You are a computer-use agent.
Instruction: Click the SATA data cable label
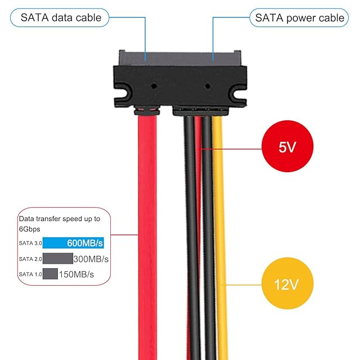coord(61,17)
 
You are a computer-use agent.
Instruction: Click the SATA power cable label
coord(299,17)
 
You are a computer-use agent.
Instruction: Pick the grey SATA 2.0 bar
coord(57,259)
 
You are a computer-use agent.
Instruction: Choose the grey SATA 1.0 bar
coord(50,274)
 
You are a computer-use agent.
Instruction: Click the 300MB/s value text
coord(91,259)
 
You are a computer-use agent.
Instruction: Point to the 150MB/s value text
coord(76,274)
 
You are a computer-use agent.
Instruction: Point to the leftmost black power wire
coord(189,225)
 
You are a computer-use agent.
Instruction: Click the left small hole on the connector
coord(154,87)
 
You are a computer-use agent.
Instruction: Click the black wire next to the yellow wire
coord(207,225)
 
